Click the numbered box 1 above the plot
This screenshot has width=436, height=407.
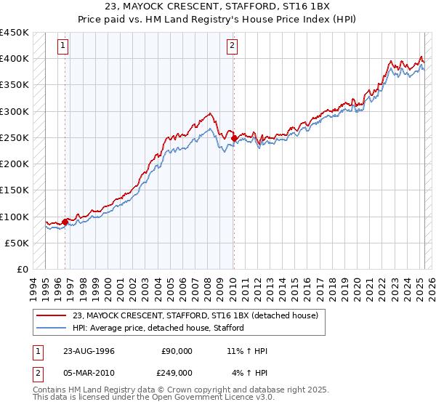63,46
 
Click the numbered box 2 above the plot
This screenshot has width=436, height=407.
232,46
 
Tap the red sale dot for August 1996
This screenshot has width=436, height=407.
65,222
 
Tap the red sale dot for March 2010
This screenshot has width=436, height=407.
234,138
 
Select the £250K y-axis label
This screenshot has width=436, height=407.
14,137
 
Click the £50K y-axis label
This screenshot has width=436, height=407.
17,243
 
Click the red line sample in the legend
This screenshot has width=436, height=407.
52,316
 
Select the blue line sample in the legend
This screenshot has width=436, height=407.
52,329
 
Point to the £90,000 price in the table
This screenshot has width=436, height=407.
177,352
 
